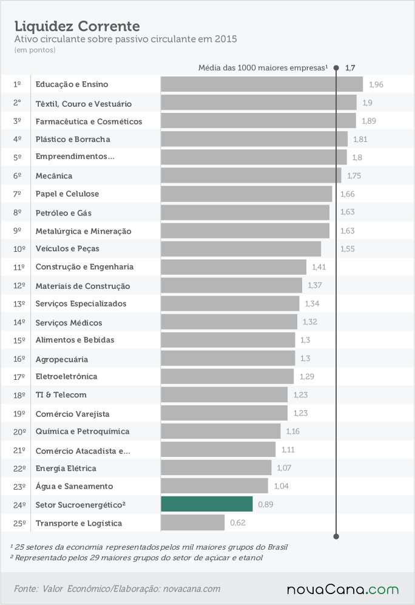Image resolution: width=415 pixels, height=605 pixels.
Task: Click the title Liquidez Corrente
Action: [x=77, y=26]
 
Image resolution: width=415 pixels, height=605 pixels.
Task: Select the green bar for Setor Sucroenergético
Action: [x=207, y=504]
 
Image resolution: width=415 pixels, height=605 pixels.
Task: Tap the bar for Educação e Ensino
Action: [x=262, y=84]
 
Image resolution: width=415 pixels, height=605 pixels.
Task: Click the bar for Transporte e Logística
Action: [x=192, y=522]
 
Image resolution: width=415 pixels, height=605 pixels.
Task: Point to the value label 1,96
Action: [x=376, y=84]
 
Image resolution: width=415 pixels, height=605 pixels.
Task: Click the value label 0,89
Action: [x=265, y=504]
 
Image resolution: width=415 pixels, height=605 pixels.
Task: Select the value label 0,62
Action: [x=238, y=522]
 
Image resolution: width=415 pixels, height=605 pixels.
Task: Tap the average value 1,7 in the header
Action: [x=350, y=68]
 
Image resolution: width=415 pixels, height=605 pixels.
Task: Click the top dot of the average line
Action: [x=336, y=68]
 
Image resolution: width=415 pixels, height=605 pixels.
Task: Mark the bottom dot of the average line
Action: [x=336, y=536]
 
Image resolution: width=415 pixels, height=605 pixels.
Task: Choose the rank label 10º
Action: [x=19, y=249]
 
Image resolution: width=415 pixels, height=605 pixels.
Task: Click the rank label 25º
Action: [x=19, y=523]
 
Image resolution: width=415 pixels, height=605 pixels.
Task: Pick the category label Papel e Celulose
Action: [x=67, y=194]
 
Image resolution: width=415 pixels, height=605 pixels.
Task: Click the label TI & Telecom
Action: [x=61, y=394]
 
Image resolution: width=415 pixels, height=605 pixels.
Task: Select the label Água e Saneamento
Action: [x=74, y=486]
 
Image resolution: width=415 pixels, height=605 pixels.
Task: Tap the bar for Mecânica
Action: [x=251, y=175]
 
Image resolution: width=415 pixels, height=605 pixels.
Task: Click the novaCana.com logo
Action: [x=342, y=589]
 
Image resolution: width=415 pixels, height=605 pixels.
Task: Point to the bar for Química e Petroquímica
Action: [x=221, y=431]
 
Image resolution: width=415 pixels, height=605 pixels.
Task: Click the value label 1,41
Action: [x=319, y=267]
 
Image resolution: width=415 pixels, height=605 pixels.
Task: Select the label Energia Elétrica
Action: [x=66, y=468]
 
